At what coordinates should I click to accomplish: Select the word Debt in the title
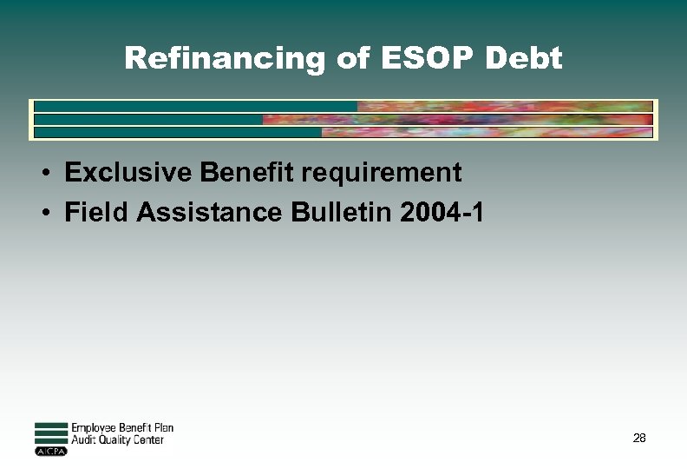pos(525,58)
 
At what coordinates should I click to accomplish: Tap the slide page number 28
pos(639,439)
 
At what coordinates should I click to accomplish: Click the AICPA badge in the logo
pos(50,452)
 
